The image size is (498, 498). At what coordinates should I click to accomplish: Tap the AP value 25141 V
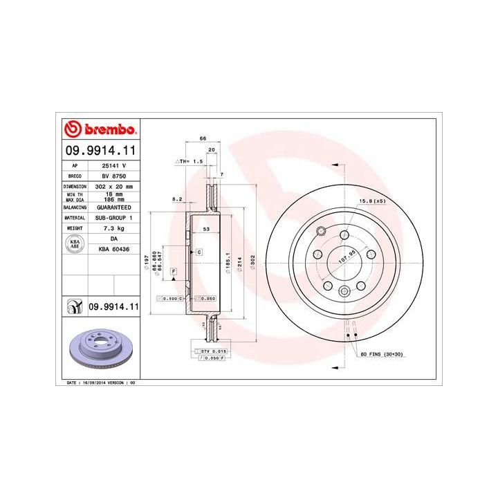[113, 166]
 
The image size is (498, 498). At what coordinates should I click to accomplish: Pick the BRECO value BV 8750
[113, 176]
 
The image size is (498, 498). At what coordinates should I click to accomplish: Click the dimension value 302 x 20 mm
[113, 187]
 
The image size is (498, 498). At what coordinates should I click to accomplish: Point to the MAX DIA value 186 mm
[113, 199]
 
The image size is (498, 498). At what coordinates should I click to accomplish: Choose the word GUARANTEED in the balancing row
[113, 207]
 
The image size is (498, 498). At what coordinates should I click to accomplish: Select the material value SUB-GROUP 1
[113, 217]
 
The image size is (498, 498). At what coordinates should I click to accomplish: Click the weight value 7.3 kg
[113, 228]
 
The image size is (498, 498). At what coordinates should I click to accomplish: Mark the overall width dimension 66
[203, 138]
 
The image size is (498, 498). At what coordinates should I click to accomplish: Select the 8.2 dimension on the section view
[176, 199]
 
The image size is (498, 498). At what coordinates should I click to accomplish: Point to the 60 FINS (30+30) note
[381, 355]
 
